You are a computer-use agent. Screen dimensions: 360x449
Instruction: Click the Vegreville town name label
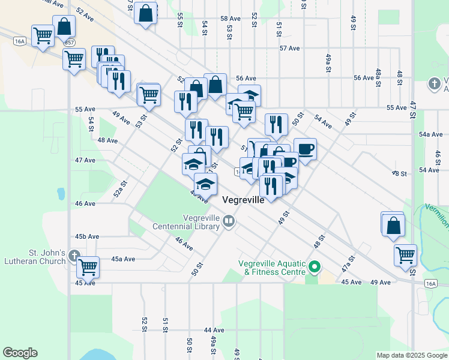pos(243,200)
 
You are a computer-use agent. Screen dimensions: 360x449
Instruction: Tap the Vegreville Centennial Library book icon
pos(229,222)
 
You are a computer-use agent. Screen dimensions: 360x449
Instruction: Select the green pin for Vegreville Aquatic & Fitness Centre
pos(314,266)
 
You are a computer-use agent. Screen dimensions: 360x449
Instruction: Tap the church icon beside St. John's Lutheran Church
pos(74,257)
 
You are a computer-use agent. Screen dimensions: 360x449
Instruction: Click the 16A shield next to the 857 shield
pos(20,40)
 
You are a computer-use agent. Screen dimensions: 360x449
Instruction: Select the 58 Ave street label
pos(230,19)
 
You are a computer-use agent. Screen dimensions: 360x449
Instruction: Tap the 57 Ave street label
pos(289,48)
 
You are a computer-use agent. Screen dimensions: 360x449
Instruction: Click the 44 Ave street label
pos(214,330)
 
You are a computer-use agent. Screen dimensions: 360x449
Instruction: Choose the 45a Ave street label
pos(124,259)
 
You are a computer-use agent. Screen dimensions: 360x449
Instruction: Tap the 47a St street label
pos(346,262)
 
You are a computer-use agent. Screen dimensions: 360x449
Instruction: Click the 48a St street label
pos(378,77)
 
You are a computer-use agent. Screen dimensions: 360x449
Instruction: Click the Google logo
pos(20,353)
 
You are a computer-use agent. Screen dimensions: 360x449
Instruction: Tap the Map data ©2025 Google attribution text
pos(412,355)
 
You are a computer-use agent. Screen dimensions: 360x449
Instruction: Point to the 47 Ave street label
pos(85,160)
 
